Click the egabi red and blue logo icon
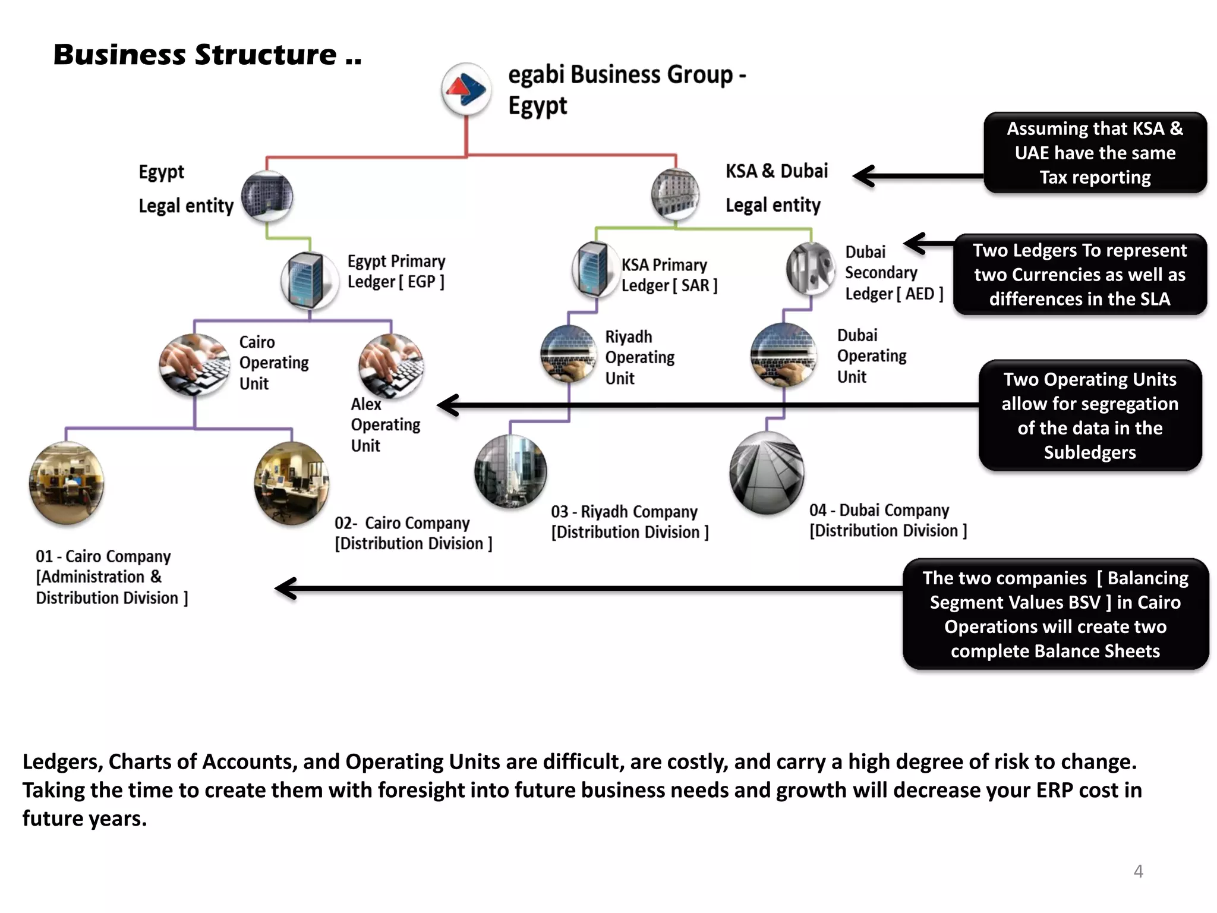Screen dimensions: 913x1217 point(466,90)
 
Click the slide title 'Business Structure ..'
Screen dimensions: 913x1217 point(207,55)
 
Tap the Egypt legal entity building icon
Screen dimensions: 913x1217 point(267,197)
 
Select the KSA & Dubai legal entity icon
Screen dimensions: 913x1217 point(675,194)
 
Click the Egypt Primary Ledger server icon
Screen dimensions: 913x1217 point(309,279)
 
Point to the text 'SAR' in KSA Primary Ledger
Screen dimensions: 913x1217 point(695,286)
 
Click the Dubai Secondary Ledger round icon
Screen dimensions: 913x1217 point(811,269)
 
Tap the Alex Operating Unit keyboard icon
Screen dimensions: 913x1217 point(391,366)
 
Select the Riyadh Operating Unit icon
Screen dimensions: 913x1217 point(569,354)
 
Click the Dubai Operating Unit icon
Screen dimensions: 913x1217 point(783,355)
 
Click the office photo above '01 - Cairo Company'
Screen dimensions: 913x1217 point(67,483)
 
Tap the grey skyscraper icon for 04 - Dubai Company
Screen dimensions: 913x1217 point(767,473)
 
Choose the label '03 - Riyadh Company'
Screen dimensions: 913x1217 point(623,511)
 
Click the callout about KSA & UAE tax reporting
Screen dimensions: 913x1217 point(1095,153)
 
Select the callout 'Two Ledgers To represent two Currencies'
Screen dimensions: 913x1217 point(1079,275)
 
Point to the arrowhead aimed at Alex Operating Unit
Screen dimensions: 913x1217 point(447,405)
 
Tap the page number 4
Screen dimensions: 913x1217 point(1138,871)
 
